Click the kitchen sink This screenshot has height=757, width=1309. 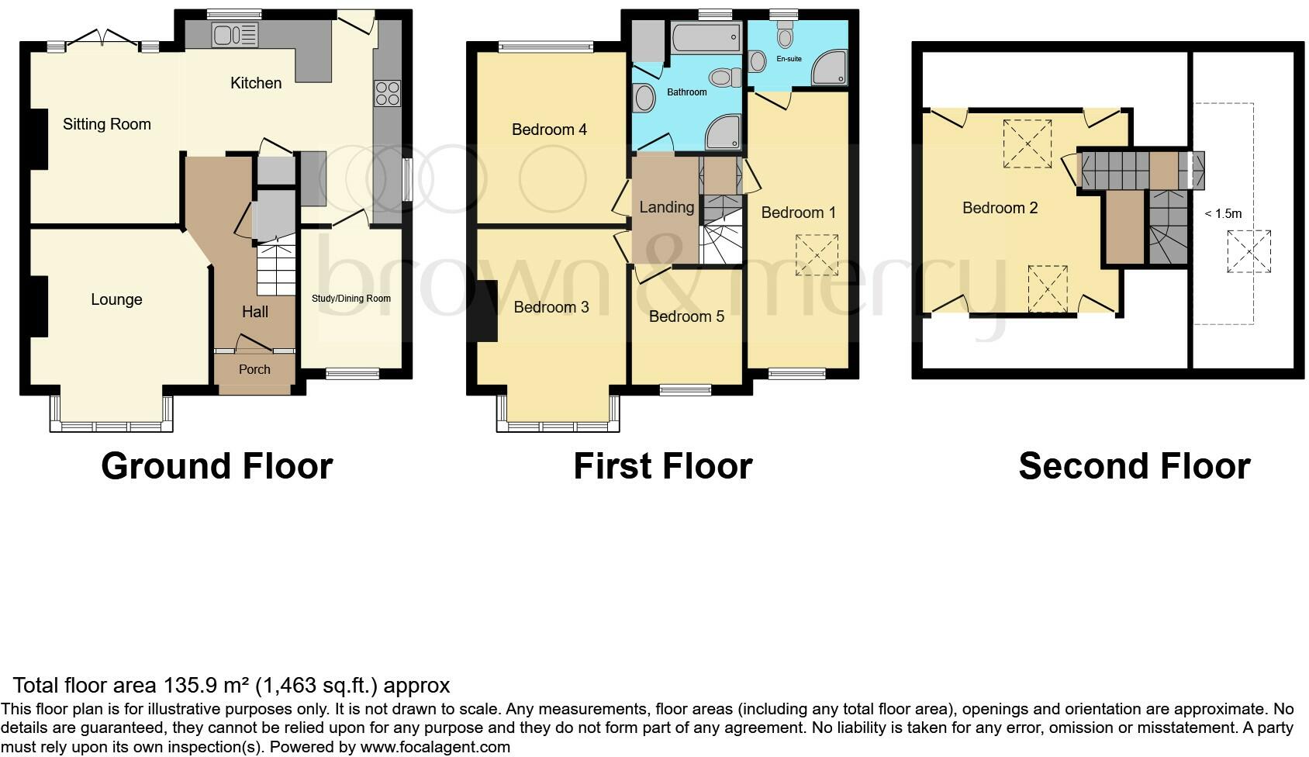click(x=234, y=34)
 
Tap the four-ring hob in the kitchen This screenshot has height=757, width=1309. click(x=387, y=93)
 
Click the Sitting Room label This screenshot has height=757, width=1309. click(x=107, y=124)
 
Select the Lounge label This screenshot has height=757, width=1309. click(x=116, y=299)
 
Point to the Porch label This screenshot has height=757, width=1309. click(x=254, y=369)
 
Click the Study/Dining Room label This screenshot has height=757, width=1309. click(x=351, y=299)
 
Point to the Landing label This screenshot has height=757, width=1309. click(x=666, y=207)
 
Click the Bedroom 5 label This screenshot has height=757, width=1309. click(x=686, y=316)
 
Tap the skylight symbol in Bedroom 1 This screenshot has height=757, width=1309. click(x=817, y=254)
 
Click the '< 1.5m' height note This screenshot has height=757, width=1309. click(x=1223, y=214)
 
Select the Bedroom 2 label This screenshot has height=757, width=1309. click(x=999, y=208)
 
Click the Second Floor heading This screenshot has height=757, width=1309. click(x=1134, y=466)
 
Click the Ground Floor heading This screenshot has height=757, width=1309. click(x=217, y=466)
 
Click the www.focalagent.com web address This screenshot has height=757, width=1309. click(x=435, y=747)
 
